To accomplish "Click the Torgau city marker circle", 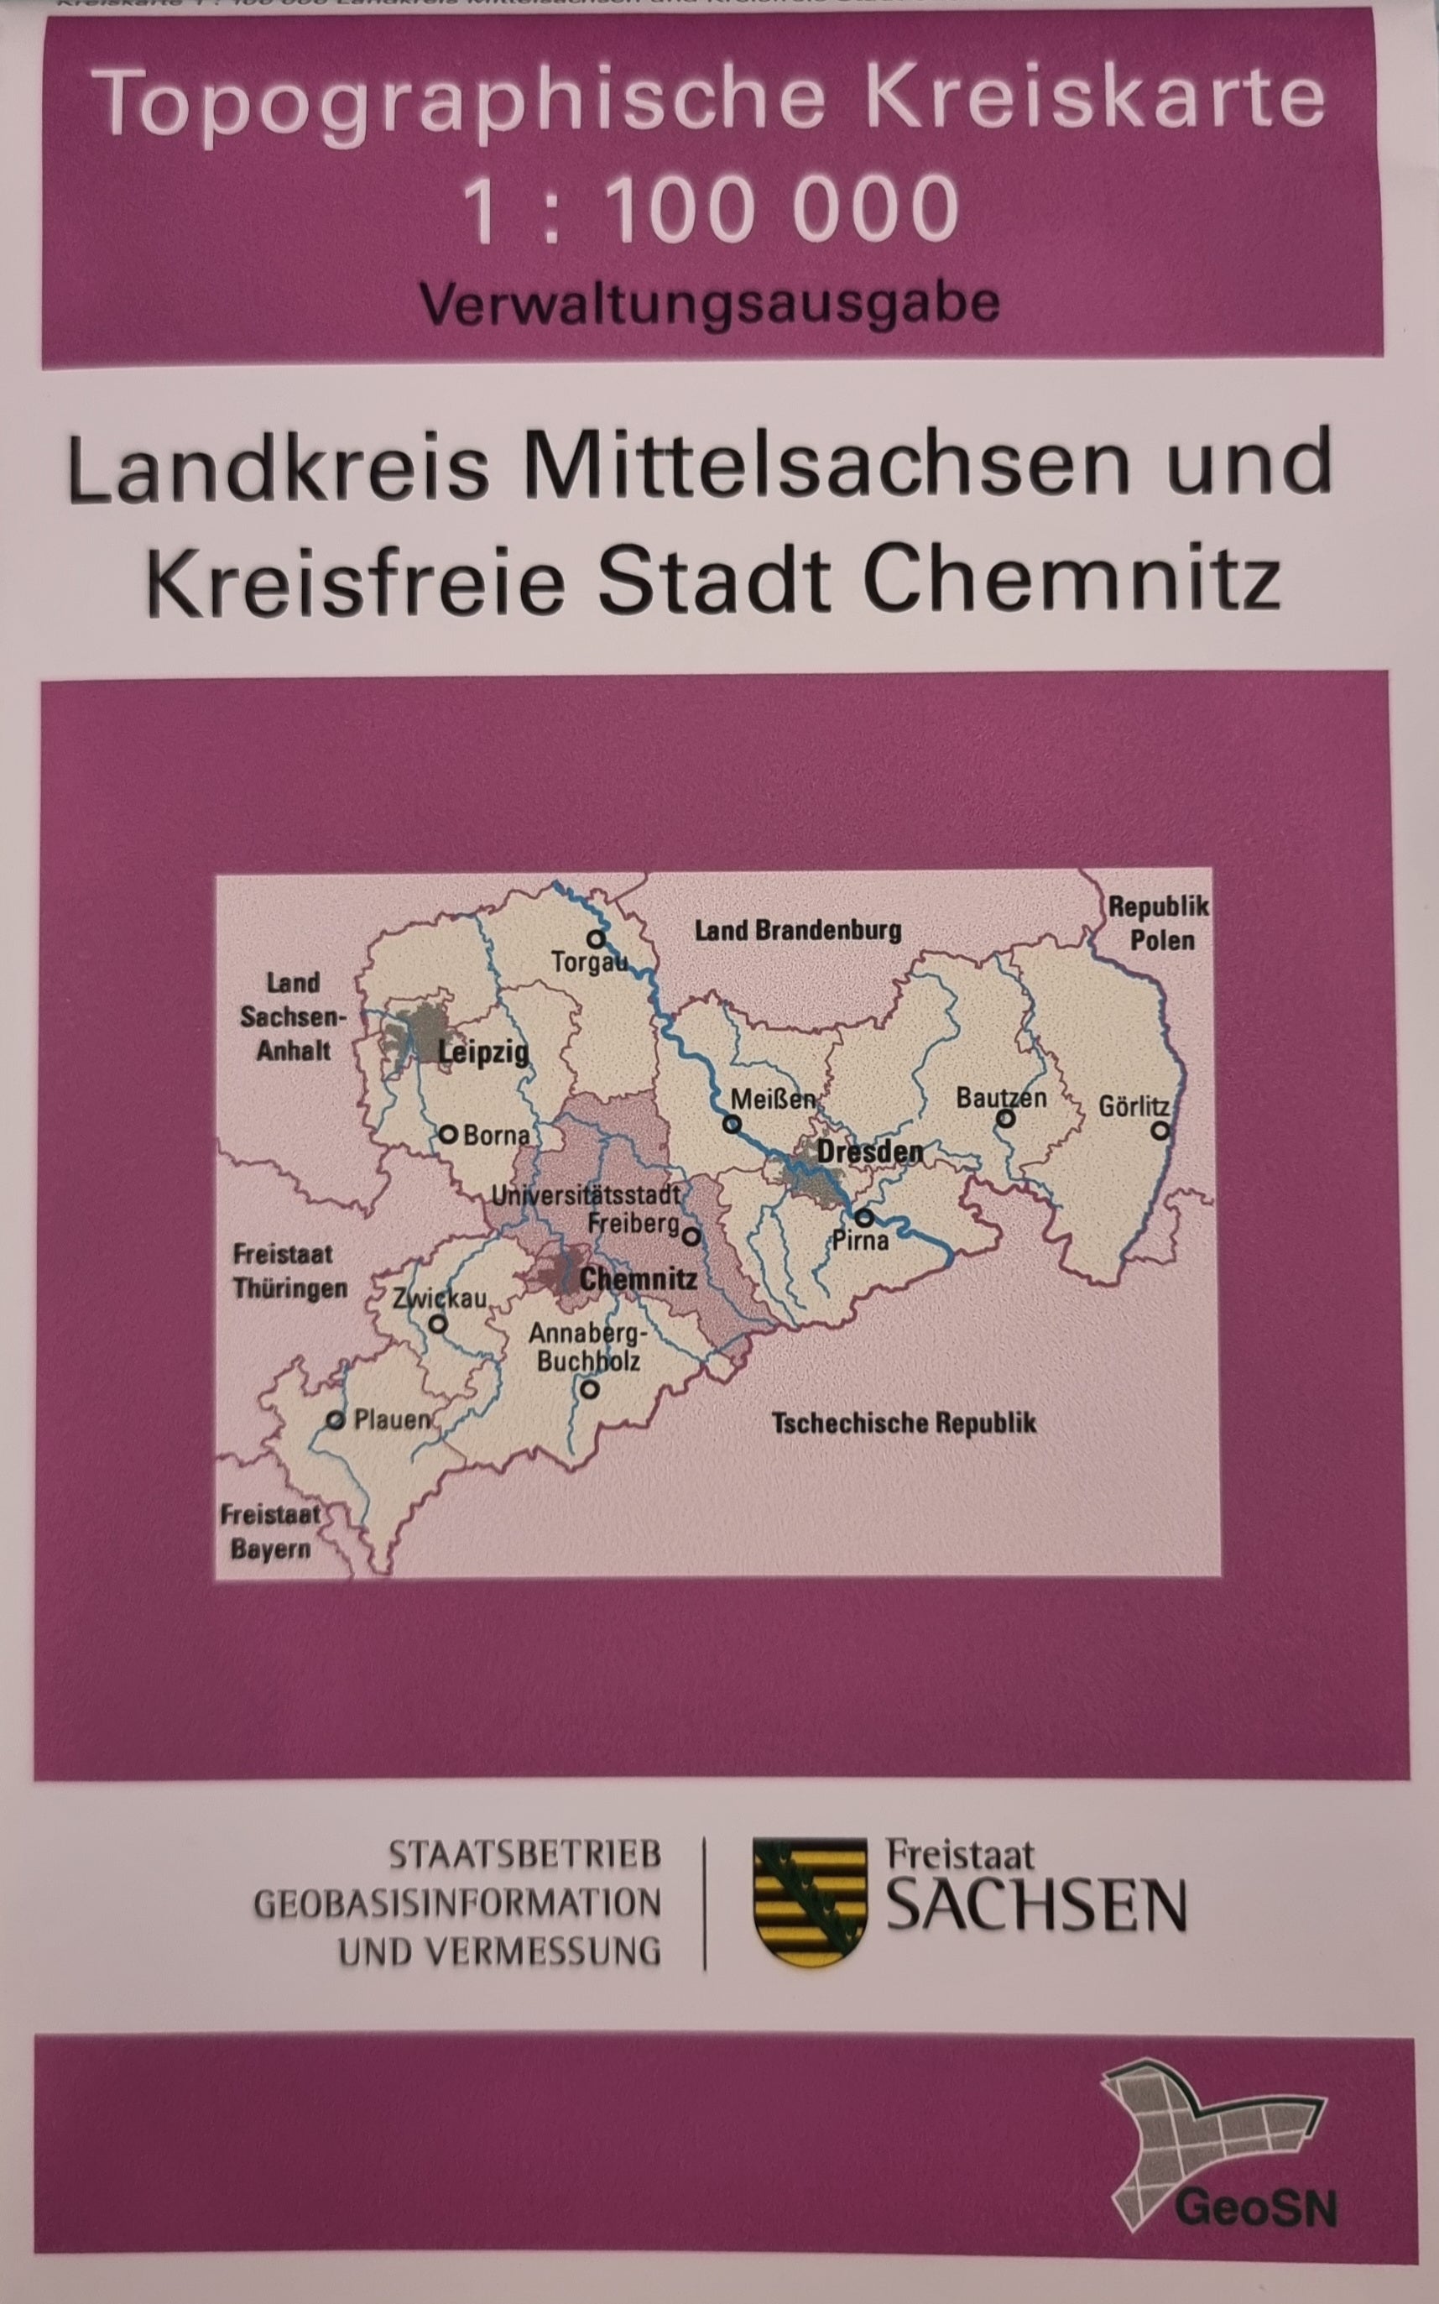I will point(596,938).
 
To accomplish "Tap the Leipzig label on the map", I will point(482,1052).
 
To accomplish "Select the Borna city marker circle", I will point(446,1135).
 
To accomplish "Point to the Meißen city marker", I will point(732,1123).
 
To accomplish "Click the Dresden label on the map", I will point(870,1151).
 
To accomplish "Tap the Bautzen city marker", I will point(1005,1119).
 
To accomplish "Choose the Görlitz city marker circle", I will point(1160,1131).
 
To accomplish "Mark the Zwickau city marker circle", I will point(437,1324).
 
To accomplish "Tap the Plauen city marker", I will point(335,1419).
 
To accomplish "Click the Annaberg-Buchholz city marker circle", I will point(590,1389).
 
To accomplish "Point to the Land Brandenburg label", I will point(798,930).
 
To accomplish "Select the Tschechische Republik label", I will point(903,1424).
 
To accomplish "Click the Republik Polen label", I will point(1160,922).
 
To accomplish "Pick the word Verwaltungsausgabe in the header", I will point(710,304).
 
